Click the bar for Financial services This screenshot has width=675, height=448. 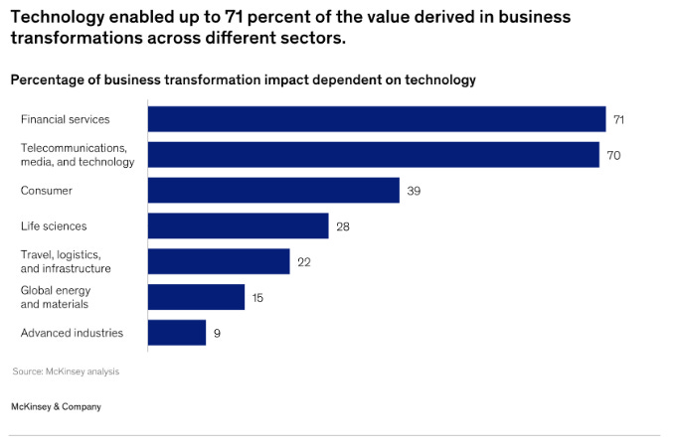[377, 119]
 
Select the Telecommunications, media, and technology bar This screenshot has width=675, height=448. [374, 155]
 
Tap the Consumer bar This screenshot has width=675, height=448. [273, 191]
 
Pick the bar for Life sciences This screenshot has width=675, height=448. [238, 225]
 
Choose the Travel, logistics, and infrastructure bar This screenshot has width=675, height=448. [219, 261]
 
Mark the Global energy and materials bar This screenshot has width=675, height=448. [196, 297]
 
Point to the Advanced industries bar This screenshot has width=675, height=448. [177, 333]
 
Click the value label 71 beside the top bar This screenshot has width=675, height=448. [618, 119]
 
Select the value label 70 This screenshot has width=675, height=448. [613, 155]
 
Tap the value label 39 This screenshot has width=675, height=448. [414, 191]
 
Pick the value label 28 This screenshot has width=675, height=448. [342, 226]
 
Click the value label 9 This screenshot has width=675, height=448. [217, 333]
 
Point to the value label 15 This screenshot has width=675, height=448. [258, 297]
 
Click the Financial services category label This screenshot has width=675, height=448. [65, 119]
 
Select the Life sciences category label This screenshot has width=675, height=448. [54, 226]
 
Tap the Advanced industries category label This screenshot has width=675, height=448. [72, 333]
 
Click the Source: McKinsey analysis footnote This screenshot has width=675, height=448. [65, 372]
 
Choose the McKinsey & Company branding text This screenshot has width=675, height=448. [56, 406]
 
